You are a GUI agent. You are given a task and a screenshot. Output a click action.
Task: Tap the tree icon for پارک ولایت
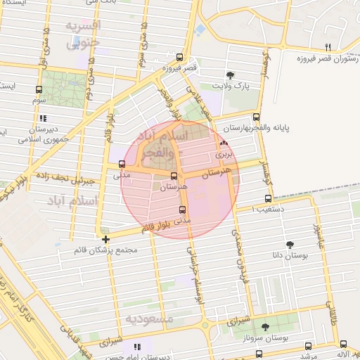[230, 75]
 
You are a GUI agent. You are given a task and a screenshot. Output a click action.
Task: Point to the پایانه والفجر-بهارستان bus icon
[255, 117]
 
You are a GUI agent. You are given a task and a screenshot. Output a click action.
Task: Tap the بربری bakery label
[223, 153]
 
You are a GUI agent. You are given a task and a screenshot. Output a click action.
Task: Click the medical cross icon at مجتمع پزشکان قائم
[105, 239]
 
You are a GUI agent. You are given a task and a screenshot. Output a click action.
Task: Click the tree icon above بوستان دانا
[289, 244]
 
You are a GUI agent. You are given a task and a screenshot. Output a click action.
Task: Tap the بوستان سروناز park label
[285, 339]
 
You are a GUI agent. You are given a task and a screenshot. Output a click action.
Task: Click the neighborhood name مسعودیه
[149, 319]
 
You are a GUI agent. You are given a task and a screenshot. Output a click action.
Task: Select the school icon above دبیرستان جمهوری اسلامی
[44, 118]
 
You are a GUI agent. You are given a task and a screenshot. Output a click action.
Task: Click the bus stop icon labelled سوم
[38, 89]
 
